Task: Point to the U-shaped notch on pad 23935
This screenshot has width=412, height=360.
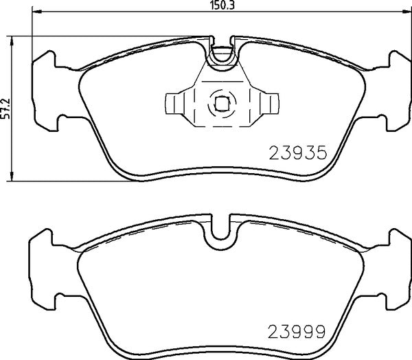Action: (x=222, y=55)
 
